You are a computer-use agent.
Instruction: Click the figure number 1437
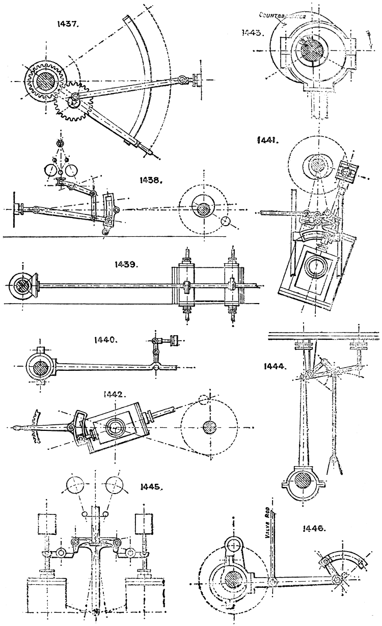click(69, 24)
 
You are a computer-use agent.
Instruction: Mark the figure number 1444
click(274, 365)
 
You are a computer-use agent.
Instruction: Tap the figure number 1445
click(150, 486)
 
